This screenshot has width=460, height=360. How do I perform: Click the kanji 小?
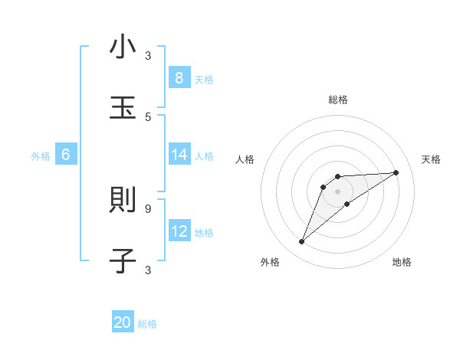(x=123, y=47)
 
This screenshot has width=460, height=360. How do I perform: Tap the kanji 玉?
(x=123, y=108)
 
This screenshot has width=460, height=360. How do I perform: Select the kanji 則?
(x=123, y=201)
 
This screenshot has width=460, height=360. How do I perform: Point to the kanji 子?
(x=123, y=261)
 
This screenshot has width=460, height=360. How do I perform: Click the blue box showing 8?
(x=179, y=77)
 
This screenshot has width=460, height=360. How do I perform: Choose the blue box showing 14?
(x=179, y=155)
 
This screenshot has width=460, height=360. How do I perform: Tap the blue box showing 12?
(x=179, y=231)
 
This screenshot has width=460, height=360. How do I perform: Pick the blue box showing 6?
(x=66, y=155)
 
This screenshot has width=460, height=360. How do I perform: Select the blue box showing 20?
(x=123, y=322)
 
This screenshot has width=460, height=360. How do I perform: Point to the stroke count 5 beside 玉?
(x=148, y=116)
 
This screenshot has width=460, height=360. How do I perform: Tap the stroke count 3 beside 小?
(x=148, y=55)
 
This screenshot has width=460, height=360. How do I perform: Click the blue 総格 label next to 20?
(x=147, y=324)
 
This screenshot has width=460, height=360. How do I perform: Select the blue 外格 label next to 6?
(x=41, y=155)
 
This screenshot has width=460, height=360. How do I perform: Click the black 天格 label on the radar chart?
(x=431, y=159)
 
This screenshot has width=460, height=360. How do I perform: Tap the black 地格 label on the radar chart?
(x=402, y=262)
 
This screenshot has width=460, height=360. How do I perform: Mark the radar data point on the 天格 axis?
(x=396, y=172)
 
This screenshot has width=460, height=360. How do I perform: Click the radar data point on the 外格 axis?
(x=302, y=242)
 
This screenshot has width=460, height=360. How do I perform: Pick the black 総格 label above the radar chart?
(x=338, y=100)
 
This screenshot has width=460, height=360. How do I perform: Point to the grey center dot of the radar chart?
(x=338, y=191)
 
